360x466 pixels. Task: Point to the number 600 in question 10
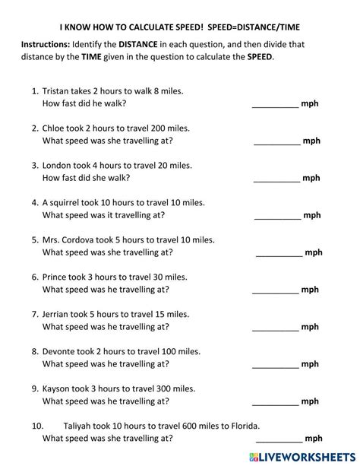click(178, 425)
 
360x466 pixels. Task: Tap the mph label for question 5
click(313, 252)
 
